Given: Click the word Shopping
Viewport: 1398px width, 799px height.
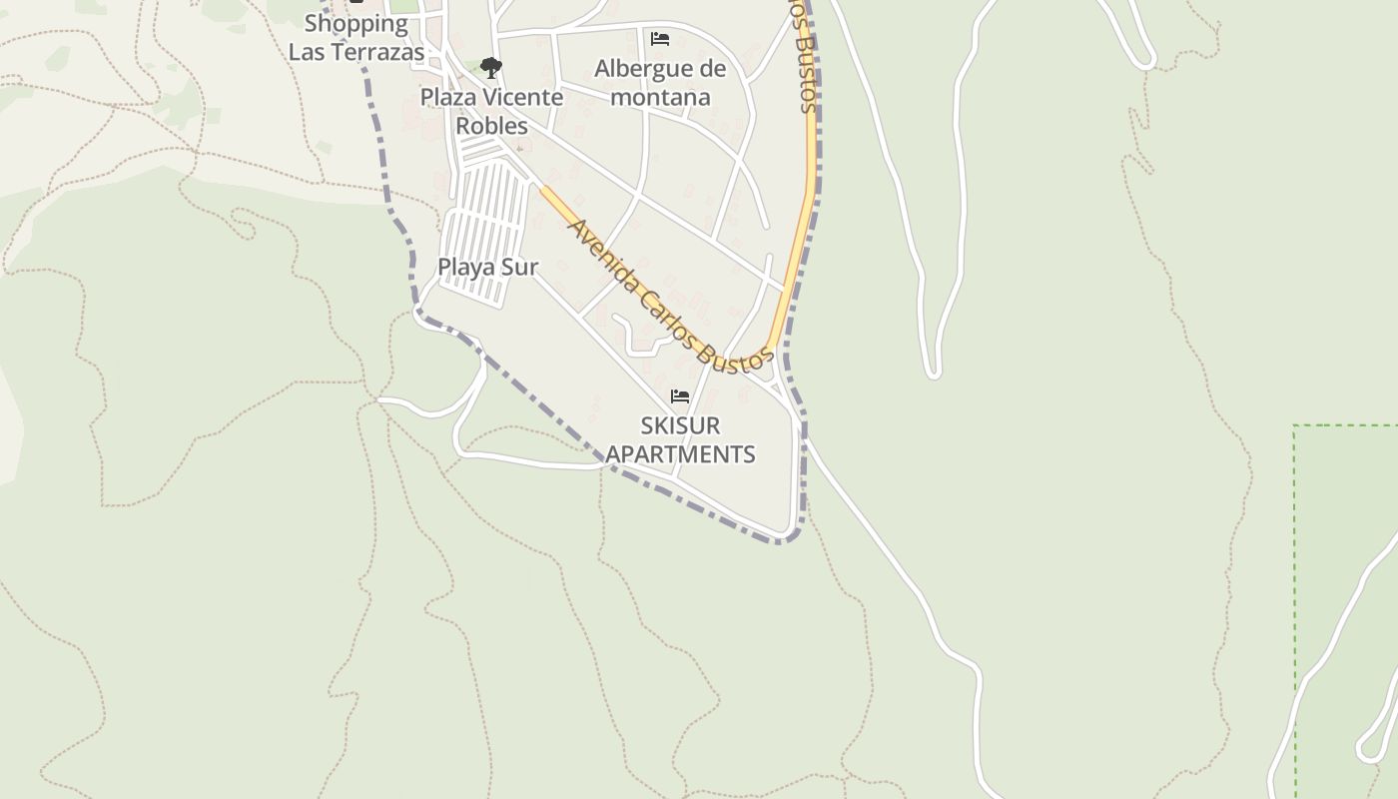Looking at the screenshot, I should tap(356, 23).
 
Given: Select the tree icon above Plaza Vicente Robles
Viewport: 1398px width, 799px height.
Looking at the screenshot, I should tap(490, 68).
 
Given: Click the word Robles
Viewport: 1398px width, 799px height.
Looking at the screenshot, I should tap(491, 126).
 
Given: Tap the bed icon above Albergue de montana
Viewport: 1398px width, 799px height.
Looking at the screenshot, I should tap(659, 39).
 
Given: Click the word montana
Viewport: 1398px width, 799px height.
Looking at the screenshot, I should tap(660, 97).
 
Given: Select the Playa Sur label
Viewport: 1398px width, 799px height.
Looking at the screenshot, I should tap(488, 267).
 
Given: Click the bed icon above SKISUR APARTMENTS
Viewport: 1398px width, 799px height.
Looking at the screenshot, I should tap(680, 397).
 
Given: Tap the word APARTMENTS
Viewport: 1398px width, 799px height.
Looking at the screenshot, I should tap(680, 453).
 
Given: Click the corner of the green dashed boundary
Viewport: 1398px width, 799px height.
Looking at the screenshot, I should tap(1295, 426).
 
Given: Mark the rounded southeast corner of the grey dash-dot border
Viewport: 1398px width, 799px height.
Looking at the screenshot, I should tap(792, 536).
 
